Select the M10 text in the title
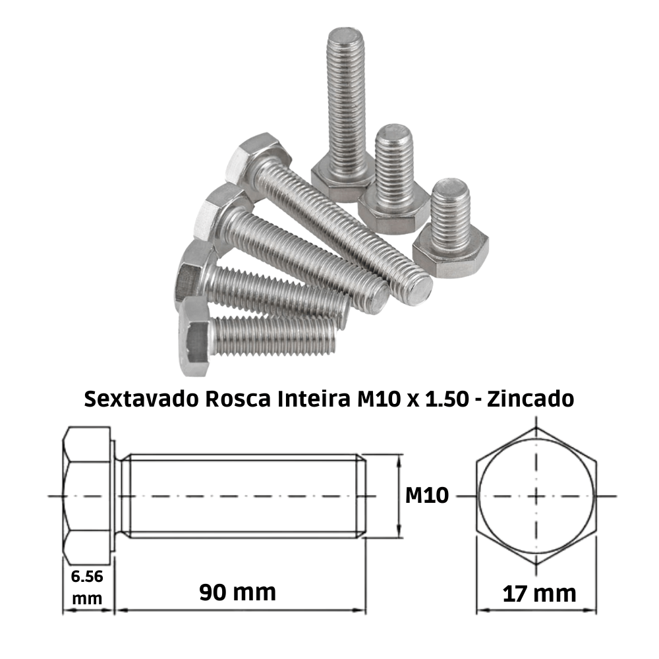[372, 400]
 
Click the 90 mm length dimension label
[237, 592]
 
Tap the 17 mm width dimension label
[538, 594]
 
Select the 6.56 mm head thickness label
[87, 587]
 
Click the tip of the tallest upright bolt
[347, 34]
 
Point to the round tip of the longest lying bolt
[417, 290]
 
